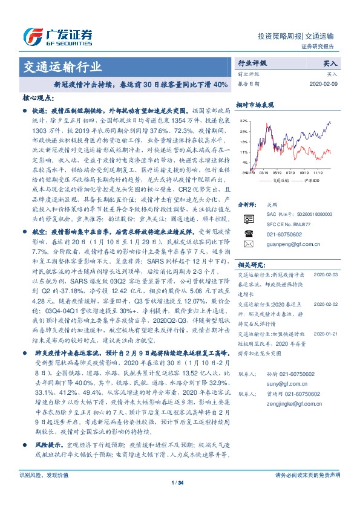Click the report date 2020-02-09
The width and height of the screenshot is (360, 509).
[326, 84]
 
